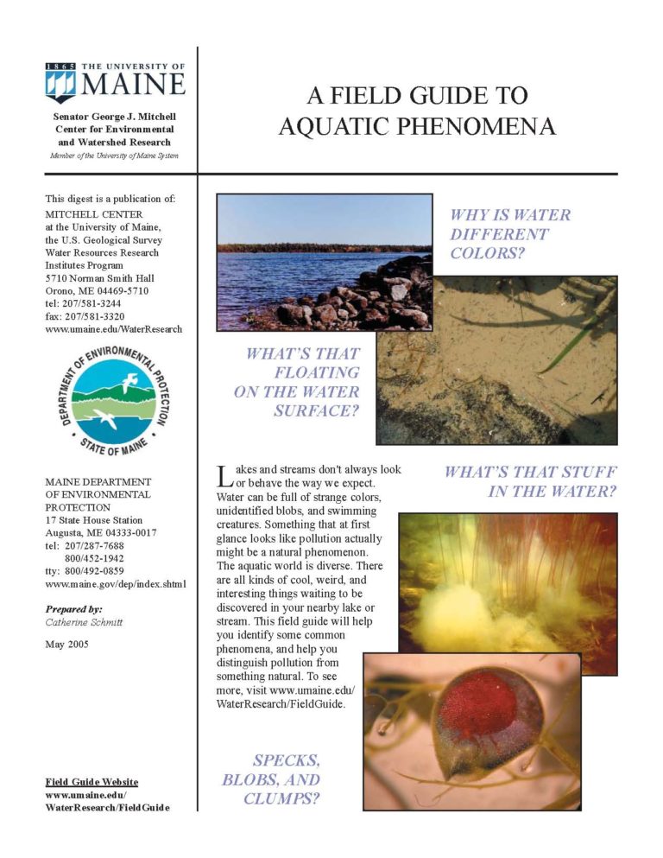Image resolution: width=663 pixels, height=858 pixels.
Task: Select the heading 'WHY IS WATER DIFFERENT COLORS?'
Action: (509, 233)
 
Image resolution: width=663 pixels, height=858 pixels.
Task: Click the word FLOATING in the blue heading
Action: (318, 372)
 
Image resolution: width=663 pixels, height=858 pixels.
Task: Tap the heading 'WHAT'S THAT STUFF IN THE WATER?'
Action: (530, 482)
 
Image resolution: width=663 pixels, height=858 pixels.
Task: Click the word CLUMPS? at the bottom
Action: (281, 798)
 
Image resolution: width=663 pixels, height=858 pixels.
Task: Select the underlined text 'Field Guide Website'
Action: (91, 782)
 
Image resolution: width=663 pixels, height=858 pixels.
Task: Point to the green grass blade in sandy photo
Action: (570, 346)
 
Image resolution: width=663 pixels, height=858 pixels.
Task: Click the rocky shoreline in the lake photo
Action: (363, 298)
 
